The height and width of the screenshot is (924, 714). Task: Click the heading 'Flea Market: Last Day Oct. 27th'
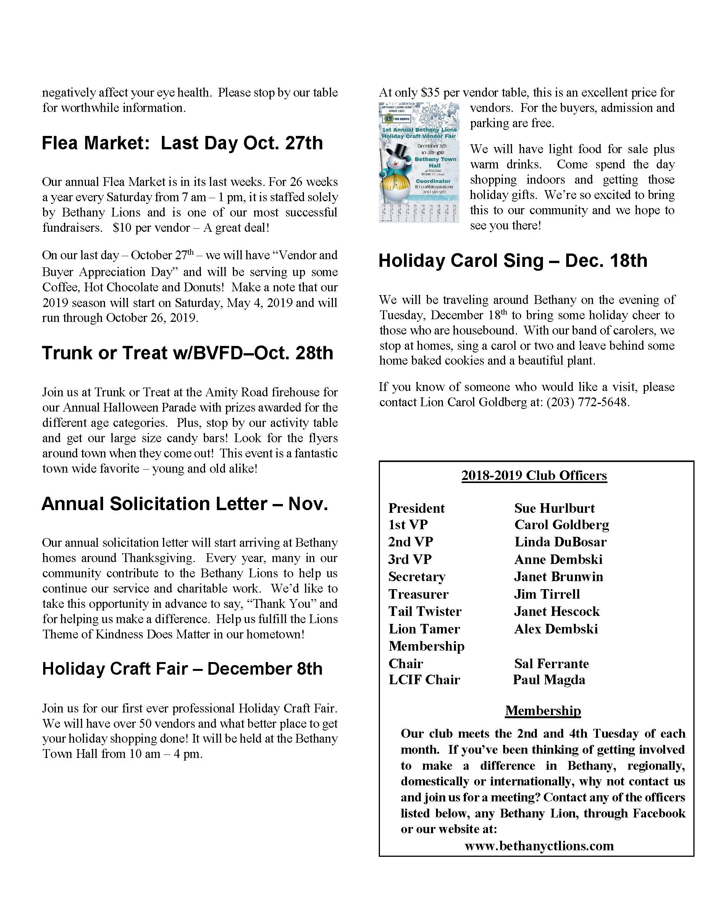coord(182,143)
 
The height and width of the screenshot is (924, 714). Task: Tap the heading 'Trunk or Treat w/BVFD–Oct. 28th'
coord(187,353)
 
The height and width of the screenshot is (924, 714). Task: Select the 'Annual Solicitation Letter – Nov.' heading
coord(185,504)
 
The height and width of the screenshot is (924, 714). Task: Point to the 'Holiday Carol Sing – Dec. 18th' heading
coord(513,261)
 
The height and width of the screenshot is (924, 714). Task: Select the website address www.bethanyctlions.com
coord(539,846)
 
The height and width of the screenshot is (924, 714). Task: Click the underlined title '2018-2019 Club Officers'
coord(534,475)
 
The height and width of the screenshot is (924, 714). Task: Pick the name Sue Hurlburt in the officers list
coord(554,508)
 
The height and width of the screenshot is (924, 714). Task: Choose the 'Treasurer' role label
coord(418,594)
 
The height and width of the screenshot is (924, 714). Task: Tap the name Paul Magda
coord(549,680)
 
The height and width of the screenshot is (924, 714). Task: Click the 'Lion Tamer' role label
coord(424,629)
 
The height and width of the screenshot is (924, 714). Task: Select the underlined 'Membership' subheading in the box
coord(543,711)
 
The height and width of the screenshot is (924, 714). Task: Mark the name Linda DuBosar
coord(560,542)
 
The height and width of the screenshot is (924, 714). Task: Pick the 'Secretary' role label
coord(417,577)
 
